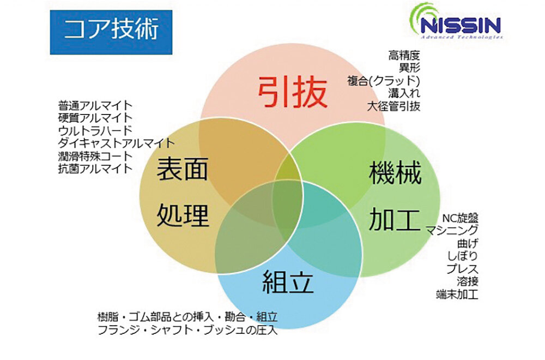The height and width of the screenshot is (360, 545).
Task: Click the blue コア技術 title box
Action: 111,32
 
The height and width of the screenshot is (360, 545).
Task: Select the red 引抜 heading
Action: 293,92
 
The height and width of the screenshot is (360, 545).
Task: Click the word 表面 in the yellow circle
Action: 183,169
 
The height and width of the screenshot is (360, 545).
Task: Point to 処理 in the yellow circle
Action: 183,215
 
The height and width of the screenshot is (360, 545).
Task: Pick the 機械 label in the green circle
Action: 395,174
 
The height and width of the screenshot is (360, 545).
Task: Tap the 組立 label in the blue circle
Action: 288,281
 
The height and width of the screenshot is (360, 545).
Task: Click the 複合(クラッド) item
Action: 384,81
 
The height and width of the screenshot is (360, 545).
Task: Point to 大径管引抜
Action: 393,106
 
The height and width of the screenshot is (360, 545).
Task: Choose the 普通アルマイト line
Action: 95,105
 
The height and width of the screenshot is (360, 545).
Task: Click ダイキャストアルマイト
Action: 117,143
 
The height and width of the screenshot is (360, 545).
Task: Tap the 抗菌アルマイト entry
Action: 95,168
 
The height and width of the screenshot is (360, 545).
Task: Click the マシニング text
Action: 452,230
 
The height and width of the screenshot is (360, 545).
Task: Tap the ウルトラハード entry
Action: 95,130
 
